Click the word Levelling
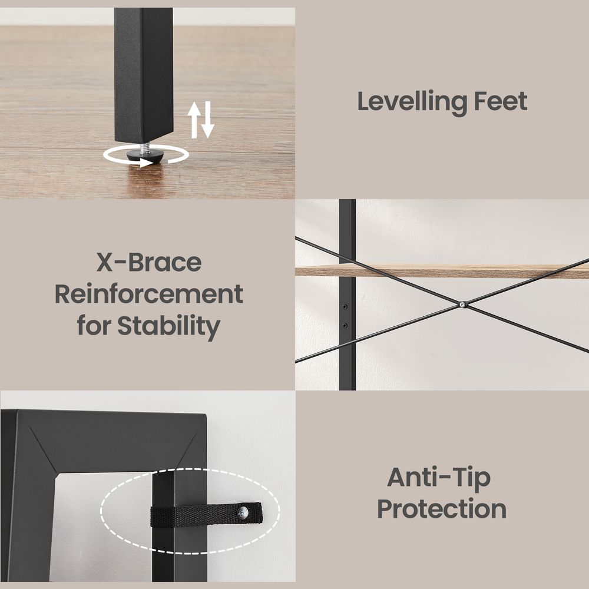click(x=412, y=102)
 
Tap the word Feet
click(x=501, y=101)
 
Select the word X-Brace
click(x=149, y=262)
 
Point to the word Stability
click(x=168, y=326)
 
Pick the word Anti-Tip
click(x=439, y=478)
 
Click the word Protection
click(x=442, y=509)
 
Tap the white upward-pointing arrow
click(x=194, y=120)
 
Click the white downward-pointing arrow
click(x=207, y=120)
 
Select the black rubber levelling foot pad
click(x=145, y=156)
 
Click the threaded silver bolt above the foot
click(x=145, y=148)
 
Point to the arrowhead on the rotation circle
click(x=147, y=163)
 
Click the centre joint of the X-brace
click(x=463, y=305)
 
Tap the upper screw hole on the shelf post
click(x=345, y=307)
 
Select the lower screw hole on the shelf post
click(x=345, y=325)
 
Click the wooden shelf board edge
click(x=442, y=271)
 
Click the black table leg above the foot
click(x=144, y=75)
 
